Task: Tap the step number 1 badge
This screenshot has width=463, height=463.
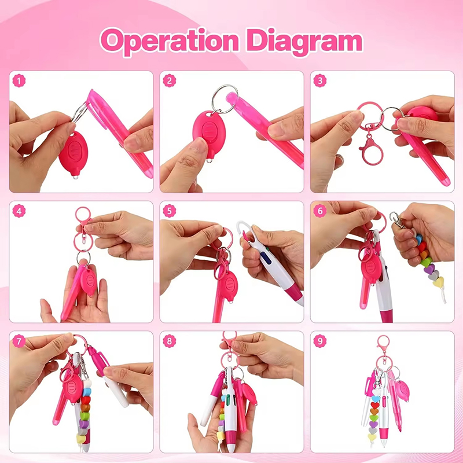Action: click(20, 82)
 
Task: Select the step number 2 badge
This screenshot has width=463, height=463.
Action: click(170, 82)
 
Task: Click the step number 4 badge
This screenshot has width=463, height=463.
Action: click(20, 211)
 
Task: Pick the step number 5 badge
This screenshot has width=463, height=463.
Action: click(170, 211)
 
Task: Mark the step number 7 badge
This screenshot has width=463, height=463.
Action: click(20, 341)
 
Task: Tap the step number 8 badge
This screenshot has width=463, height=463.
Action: click(170, 341)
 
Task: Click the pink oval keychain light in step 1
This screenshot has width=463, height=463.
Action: click(73, 152)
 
